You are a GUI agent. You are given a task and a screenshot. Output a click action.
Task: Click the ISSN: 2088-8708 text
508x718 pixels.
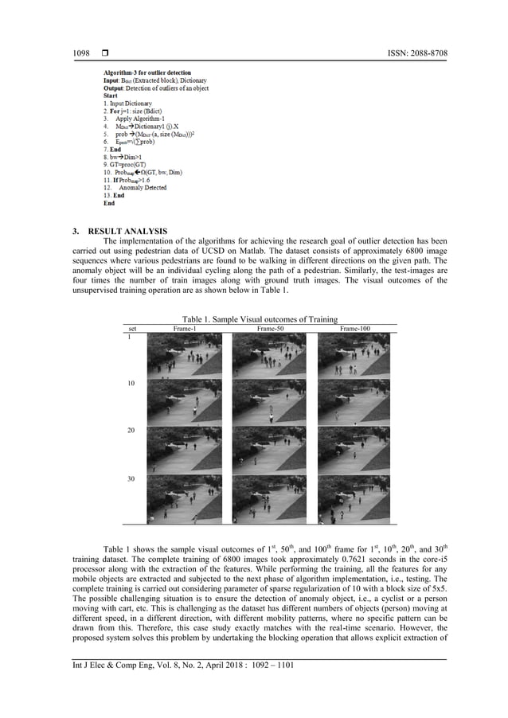(x=416, y=53)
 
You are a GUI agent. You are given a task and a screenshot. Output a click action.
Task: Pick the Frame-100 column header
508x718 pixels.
(x=354, y=328)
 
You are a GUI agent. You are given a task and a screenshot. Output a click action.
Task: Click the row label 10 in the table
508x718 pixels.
(x=131, y=384)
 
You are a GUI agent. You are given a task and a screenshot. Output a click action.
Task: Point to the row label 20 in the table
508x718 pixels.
(x=131, y=431)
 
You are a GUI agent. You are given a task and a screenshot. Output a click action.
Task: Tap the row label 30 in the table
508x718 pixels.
(x=131, y=479)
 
